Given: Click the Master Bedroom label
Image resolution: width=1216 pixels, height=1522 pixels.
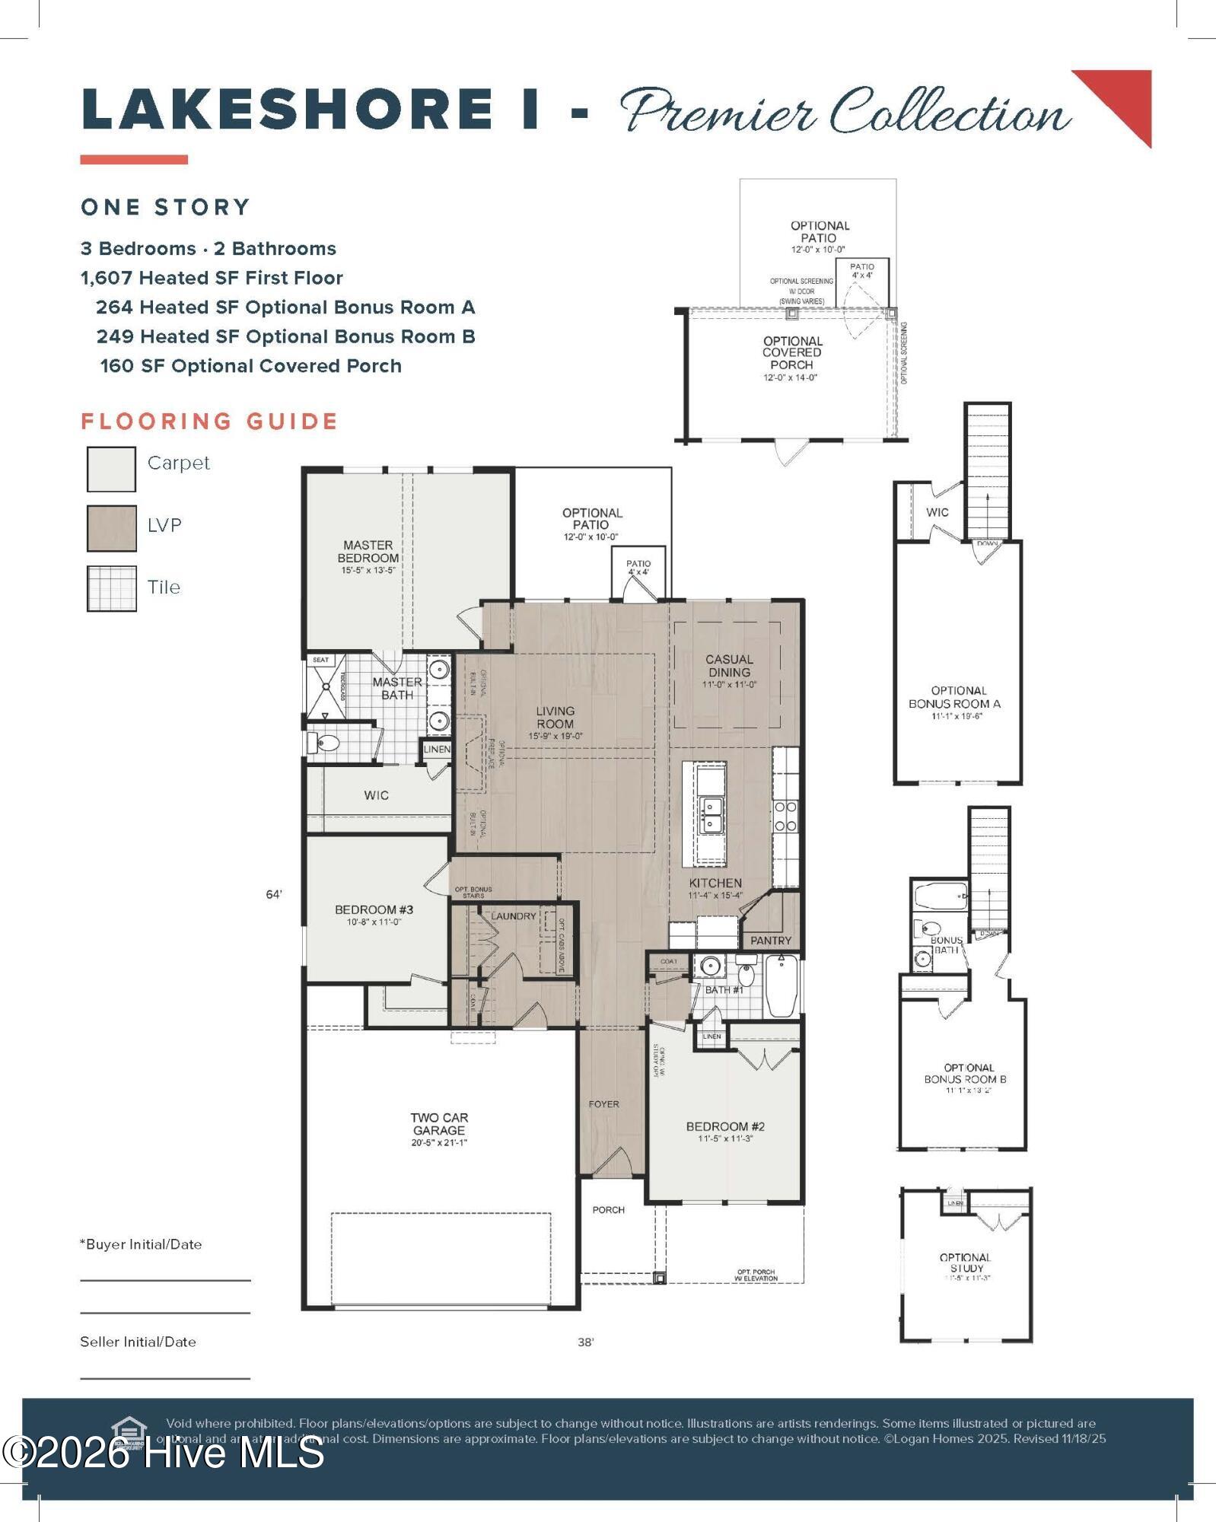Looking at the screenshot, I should [368, 552].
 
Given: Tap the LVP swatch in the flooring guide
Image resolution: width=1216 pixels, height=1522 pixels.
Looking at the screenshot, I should [111, 528].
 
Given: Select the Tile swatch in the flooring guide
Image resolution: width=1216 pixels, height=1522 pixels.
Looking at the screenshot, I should [111, 588].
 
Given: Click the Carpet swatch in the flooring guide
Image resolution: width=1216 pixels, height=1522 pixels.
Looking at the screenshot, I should [111, 469].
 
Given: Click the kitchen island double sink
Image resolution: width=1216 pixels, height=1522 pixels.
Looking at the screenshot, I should [711, 814].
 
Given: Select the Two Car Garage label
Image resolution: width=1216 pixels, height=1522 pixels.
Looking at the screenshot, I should [439, 1123].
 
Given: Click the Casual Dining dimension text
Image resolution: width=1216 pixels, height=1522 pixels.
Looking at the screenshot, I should [729, 684].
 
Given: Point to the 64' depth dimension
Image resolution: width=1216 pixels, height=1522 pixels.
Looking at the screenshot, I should [274, 894].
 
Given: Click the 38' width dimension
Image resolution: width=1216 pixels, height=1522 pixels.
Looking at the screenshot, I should [585, 1342].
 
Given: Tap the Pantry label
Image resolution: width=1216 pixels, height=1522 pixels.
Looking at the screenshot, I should [771, 941].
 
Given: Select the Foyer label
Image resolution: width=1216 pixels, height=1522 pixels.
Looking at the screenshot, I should [603, 1103].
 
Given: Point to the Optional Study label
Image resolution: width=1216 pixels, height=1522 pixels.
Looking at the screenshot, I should [966, 1262].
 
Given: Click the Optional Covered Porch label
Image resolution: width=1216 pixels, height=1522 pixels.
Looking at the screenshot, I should [792, 353].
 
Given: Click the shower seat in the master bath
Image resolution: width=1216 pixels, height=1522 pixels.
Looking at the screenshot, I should [320, 660].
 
